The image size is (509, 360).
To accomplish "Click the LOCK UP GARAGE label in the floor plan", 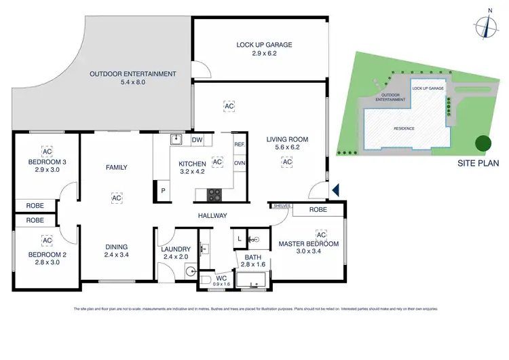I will (264, 45).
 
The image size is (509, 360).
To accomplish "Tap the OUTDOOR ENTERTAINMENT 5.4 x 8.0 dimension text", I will (133, 82).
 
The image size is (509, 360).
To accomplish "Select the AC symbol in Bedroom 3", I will (47, 151).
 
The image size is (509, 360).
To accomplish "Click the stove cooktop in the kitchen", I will (214, 194).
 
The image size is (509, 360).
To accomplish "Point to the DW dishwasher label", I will (197, 140).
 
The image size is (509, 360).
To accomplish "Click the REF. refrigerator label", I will (239, 145).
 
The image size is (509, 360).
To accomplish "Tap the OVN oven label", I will (239, 163).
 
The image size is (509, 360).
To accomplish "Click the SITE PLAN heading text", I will (478, 163).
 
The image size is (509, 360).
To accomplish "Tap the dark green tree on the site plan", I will (483, 143).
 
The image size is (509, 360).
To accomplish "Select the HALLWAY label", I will (212, 216).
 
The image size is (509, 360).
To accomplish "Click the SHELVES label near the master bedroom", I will (281, 205).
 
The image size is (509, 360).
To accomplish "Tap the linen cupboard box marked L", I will (240, 238).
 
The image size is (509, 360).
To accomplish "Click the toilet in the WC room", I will (206, 278).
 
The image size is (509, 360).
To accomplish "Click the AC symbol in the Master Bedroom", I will (322, 235).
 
